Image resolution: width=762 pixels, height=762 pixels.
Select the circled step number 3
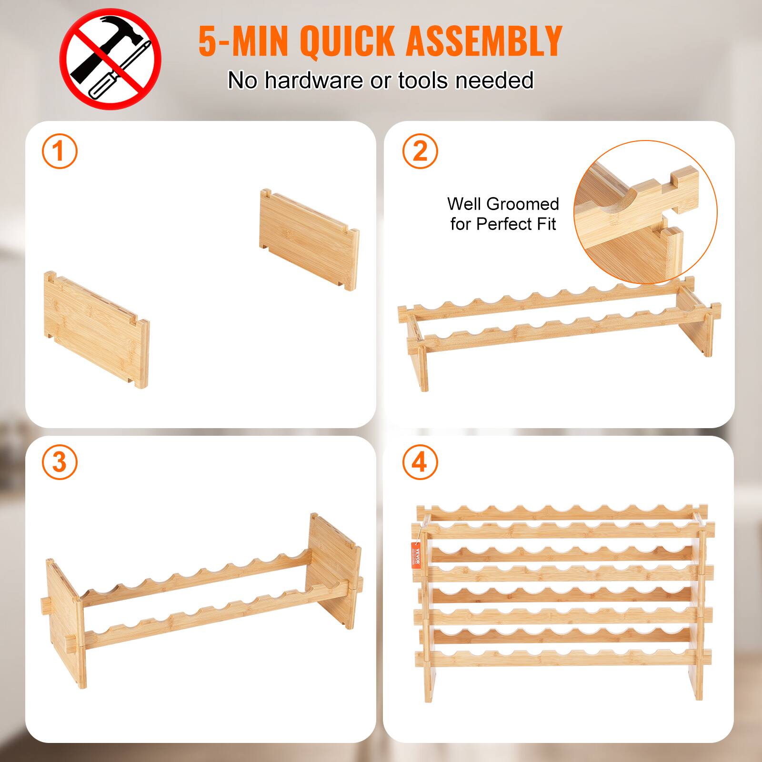(59, 461)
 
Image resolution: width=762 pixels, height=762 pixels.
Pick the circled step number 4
(420, 461)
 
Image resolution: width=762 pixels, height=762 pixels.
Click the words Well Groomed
(503, 204)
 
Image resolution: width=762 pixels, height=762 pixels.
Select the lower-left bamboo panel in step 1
(95, 329)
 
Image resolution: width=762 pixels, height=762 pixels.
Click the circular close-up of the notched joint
(645, 212)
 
